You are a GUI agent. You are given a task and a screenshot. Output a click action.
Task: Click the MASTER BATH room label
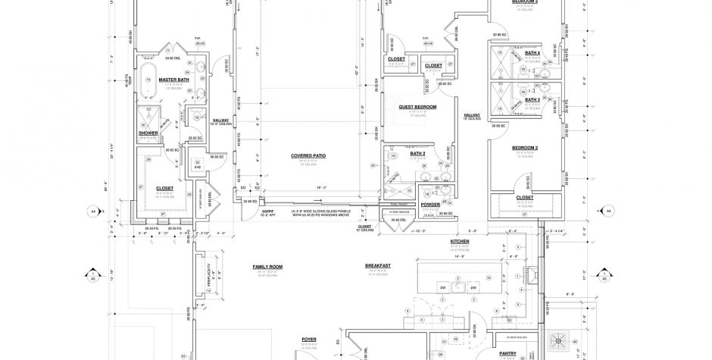tap(173, 79)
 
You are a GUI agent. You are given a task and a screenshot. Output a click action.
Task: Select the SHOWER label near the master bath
tap(148, 133)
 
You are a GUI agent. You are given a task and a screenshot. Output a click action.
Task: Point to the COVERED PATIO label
tap(308, 155)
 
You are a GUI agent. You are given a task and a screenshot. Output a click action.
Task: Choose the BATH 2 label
tap(418, 153)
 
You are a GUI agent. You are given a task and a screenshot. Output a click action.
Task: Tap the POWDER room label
tap(430, 204)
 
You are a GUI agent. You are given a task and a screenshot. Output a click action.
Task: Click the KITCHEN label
tap(460, 240)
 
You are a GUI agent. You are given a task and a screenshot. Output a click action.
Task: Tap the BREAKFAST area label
tap(377, 265)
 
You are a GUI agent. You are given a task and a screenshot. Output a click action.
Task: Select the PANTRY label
tap(508, 352)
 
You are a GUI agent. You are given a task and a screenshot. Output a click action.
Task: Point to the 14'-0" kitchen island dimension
tap(460, 258)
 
